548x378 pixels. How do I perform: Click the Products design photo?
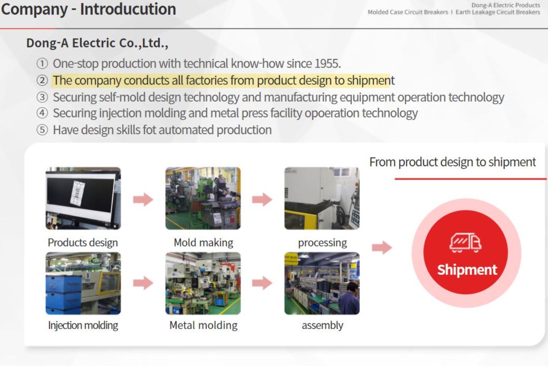coord(83,198)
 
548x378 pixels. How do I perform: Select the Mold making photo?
coord(203,198)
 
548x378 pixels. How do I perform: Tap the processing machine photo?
coord(322,198)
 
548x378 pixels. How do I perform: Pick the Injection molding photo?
coord(83,283)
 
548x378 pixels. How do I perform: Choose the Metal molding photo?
coord(203,283)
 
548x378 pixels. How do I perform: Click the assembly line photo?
coord(322,283)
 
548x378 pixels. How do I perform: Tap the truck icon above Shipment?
coord(465,243)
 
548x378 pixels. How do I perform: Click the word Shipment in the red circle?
coord(467,270)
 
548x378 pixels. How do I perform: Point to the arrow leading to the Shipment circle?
coord(382,247)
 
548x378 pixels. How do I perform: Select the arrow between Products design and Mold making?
coord(143,199)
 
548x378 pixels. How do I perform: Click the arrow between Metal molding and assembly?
coord(262,283)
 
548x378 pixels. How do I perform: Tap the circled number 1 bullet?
coord(42,63)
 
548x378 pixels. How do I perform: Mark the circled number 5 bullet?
coord(42,130)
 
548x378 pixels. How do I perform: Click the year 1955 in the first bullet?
coord(327,63)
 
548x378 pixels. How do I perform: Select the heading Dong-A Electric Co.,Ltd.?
coord(97,43)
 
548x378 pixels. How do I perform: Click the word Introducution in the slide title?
coord(128,9)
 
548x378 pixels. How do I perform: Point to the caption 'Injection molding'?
coord(83,325)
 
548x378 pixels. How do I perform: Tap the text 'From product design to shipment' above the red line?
coord(452,162)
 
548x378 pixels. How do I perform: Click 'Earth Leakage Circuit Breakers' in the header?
coord(498,13)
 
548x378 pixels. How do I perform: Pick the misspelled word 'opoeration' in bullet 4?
coord(332,113)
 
